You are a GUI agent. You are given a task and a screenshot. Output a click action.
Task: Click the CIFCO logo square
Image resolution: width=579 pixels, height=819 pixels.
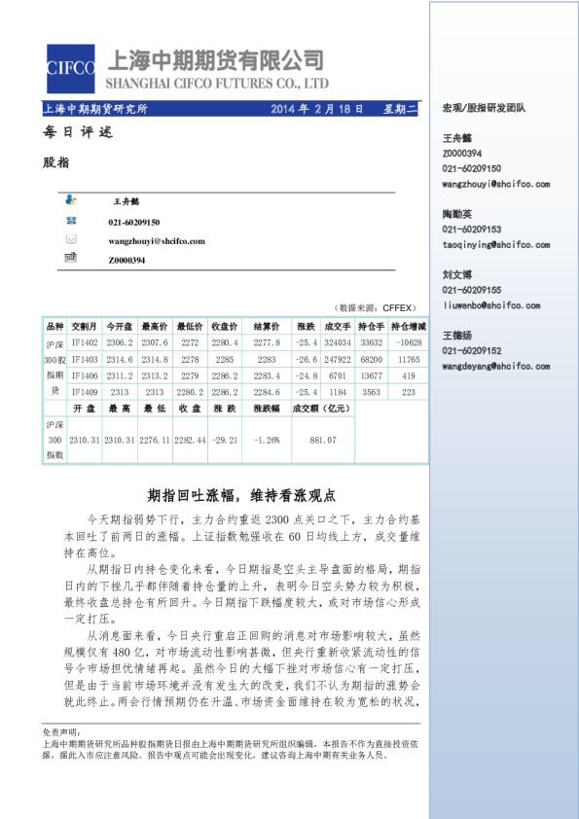[70, 67]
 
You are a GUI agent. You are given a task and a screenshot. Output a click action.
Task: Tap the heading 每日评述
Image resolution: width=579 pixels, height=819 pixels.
[78, 132]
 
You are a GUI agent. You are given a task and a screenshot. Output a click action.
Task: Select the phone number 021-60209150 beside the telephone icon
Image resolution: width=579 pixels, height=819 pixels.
[134, 223]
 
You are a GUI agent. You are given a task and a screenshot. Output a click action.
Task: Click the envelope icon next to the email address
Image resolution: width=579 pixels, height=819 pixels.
[71, 240]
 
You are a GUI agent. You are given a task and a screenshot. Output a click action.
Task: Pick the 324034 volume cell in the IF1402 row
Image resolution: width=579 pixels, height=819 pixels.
[338, 342]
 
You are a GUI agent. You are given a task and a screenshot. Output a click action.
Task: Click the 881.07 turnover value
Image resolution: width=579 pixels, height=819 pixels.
[323, 440]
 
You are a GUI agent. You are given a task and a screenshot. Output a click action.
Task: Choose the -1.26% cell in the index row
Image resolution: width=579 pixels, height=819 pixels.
[267, 440]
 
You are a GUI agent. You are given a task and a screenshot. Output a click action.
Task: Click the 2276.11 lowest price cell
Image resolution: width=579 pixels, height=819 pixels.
[156, 440]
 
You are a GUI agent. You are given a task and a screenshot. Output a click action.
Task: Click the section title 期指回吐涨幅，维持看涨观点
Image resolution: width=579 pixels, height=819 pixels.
[241, 494]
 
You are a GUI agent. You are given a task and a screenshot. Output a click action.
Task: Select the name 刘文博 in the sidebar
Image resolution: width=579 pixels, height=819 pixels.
[457, 275]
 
